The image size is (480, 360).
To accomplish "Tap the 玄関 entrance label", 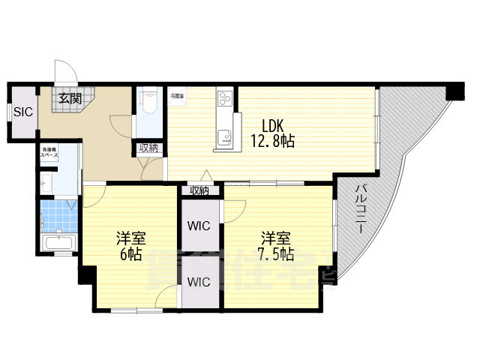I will (x=70, y=97).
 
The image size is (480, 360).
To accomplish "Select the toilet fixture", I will (x=148, y=101).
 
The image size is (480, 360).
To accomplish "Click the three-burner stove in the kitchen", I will (x=226, y=98).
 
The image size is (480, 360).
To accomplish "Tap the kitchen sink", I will (x=224, y=136).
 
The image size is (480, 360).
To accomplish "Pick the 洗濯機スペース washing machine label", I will (x=49, y=152).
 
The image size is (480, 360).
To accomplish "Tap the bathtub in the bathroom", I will (x=58, y=243).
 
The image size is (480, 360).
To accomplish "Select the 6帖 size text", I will (x=130, y=255).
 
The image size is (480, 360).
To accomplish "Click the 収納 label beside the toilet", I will (x=148, y=148).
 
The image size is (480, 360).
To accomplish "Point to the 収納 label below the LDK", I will (x=199, y=190).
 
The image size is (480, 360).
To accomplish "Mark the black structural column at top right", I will (x=454, y=92).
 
